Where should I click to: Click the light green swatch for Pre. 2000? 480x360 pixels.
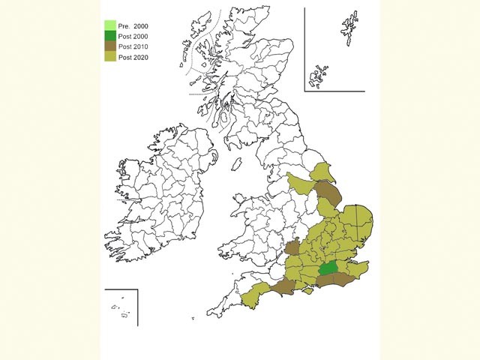[110, 26]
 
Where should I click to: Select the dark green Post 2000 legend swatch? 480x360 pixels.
[110, 36]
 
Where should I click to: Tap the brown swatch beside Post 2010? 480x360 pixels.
[110, 46]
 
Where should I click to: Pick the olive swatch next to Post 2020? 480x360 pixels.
[110, 57]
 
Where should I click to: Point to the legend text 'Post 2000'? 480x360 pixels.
[133, 37]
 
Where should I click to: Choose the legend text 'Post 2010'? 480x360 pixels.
[133, 47]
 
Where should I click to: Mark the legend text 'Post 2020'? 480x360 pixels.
[133, 58]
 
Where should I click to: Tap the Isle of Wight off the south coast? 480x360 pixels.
[307, 292]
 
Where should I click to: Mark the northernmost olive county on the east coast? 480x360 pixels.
[322, 172]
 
